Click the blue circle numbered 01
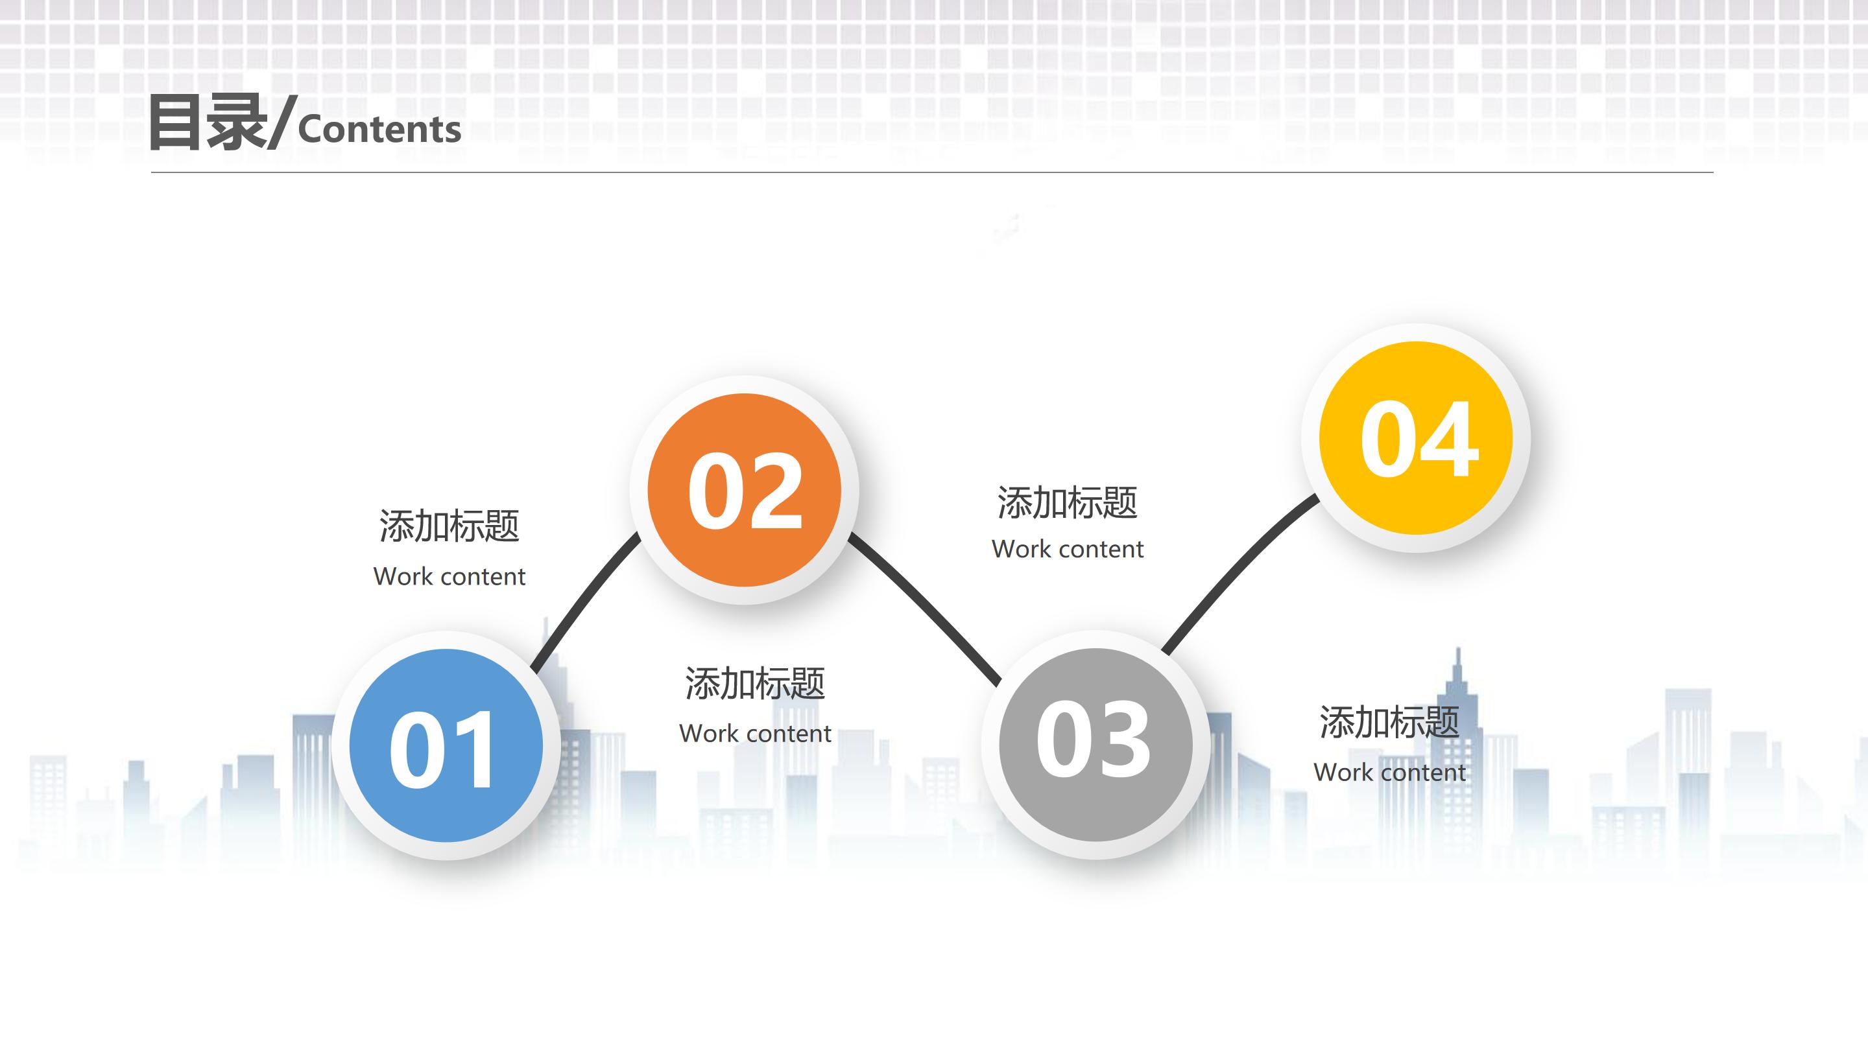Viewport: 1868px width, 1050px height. (446, 745)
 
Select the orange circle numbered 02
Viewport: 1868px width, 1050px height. (744, 490)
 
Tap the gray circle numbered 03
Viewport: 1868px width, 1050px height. (1095, 744)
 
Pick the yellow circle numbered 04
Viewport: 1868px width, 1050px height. (1415, 437)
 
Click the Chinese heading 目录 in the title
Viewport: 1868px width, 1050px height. (206, 124)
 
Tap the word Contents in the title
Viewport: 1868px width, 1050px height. (379, 130)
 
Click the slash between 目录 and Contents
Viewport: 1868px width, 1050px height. (281, 123)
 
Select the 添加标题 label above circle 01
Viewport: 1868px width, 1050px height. (449, 526)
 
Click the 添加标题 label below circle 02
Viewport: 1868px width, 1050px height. (755, 683)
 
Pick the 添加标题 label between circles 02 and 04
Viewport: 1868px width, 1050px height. (1068, 502)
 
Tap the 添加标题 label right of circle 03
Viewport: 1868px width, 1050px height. (1389, 722)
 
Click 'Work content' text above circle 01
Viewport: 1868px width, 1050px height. (449, 577)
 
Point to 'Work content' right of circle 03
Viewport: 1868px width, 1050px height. (1389, 773)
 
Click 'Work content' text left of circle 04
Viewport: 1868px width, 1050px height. (1068, 549)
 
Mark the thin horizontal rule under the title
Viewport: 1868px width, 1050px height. (932, 172)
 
